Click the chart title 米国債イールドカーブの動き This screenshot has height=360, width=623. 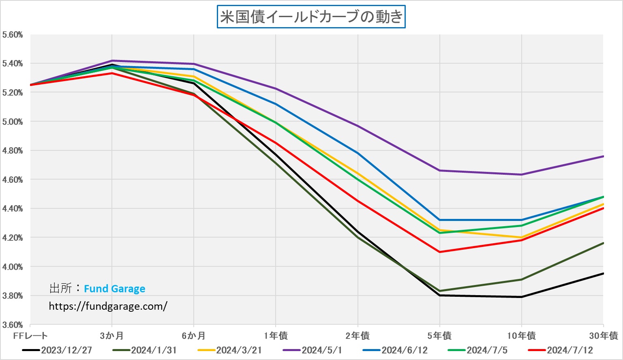[311, 17]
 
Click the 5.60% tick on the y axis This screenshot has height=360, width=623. [13, 35]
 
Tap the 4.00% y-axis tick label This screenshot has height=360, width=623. [13, 267]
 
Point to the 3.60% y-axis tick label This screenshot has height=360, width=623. [13, 325]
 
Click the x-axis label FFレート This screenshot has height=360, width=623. [30, 336]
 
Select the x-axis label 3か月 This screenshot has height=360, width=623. [112, 336]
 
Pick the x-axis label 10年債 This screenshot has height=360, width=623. [521, 336]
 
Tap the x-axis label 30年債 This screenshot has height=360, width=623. [604, 336]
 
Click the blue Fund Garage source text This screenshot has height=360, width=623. [114, 289]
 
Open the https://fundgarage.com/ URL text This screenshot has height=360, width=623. [108, 306]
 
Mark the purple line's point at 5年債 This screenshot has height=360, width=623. [440, 170]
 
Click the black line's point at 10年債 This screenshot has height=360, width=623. [522, 297]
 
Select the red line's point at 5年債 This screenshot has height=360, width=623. [440, 252]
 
